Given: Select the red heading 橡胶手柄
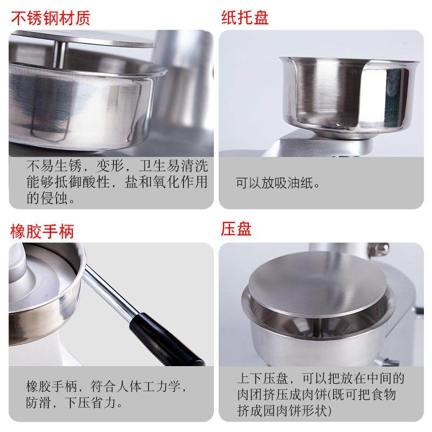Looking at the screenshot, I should tap(42, 231).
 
